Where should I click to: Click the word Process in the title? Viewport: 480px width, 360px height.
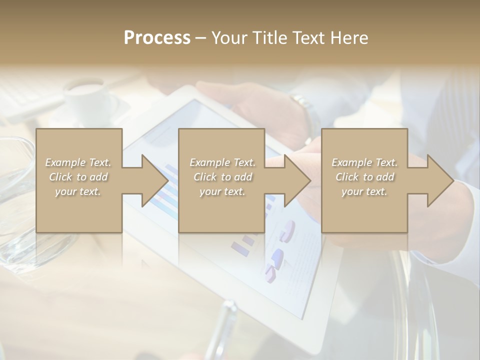click(157, 38)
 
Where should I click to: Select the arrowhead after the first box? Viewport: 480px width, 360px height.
click(152, 180)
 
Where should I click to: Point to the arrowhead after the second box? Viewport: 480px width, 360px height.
click(295, 180)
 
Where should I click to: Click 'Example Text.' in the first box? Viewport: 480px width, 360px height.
click(78, 162)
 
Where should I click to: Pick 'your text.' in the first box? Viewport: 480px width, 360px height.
click(78, 191)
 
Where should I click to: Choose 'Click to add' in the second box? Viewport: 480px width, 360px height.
click(222, 177)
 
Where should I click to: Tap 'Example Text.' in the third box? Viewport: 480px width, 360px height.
click(364, 162)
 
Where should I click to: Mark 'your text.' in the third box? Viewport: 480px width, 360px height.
click(364, 191)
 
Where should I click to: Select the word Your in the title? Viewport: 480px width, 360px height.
click(231, 38)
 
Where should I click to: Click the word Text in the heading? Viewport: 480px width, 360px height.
click(308, 38)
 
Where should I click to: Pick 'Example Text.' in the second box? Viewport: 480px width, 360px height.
click(222, 162)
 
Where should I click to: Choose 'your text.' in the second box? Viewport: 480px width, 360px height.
click(222, 191)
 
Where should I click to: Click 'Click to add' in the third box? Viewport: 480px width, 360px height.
click(364, 177)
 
